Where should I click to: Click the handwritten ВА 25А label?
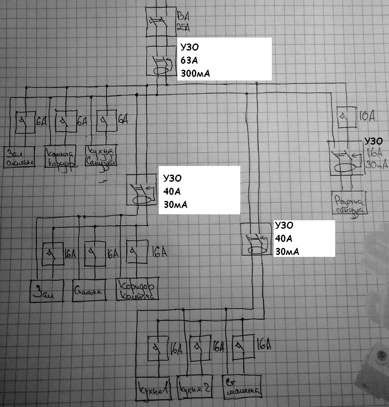coord(184,21)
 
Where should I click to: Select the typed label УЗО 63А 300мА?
coord(226,59)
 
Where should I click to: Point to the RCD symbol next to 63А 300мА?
coord(160,64)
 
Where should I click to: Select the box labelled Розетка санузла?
coord(350,203)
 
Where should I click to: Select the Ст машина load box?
coord(242,387)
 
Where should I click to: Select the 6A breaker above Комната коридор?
coord(63,121)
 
